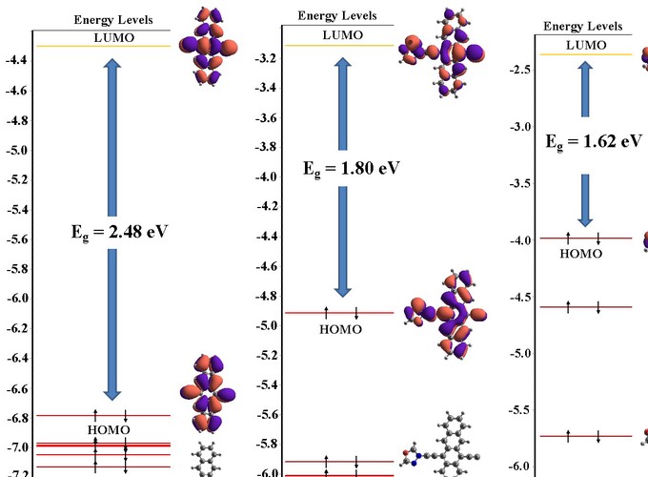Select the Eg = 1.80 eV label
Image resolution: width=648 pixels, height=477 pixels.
click(x=352, y=168)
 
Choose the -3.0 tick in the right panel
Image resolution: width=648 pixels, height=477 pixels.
click(x=520, y=127)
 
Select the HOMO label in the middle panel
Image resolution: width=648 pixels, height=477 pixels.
click(x=340, y=329)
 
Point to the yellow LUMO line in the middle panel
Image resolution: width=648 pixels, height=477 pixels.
click(x=338, y=45)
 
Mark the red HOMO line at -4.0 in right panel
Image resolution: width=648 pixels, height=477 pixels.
click(x=583, y=238)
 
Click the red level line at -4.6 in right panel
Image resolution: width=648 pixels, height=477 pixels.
click(x=583, y=306)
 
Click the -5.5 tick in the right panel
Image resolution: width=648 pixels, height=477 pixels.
click(x=520, y=409)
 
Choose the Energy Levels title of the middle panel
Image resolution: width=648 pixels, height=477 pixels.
click(x=336, y=15)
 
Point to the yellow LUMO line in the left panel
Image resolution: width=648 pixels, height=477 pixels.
click(x=113, y=46)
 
